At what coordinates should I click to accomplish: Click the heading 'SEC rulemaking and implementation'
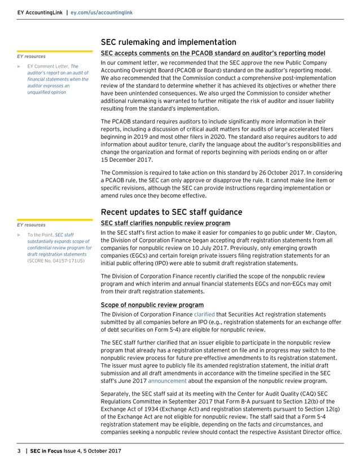tap(168, 42)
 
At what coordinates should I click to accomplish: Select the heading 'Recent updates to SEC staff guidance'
tap(172, 212)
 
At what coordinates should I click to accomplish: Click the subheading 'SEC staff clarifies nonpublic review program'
tap(165, 223)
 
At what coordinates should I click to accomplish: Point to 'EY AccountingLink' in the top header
tap(39, 12)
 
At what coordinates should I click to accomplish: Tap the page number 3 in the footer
tap(19, 451)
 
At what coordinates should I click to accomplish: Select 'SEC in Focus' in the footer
tap(47, 451)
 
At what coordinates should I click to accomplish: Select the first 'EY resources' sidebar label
tap(32, 56)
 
